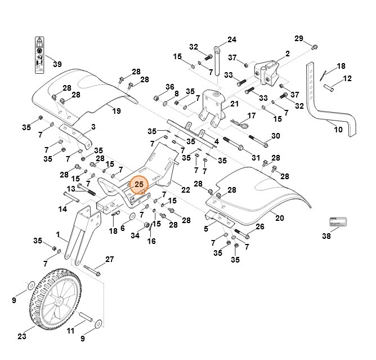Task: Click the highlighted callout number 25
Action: (x=138, y=184)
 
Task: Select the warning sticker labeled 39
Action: (x=39, y=56)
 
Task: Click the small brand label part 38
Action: (x=335, y=221)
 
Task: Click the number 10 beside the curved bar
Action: (x=338, y=130)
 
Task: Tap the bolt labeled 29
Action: (x=314, y=45)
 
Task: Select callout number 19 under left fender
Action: (x=117, y=111)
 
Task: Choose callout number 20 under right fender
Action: (x=280, y=217)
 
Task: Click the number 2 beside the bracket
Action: (x=287, y=54)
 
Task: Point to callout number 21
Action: (x=234, y=104)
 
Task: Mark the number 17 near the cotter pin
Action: (x=252, y=115)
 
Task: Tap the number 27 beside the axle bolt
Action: (x=109, y=260)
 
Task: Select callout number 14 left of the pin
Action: (x=62, y=209)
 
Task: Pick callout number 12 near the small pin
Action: (x=347, y=78)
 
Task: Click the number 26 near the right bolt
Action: (x=259, y=226)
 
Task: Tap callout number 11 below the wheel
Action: (x=71, y=331)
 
